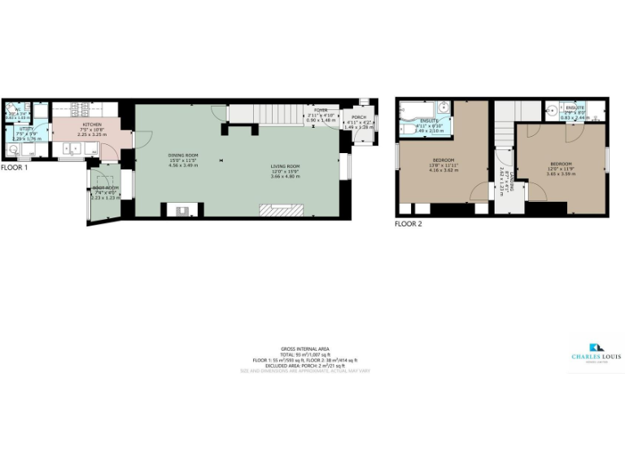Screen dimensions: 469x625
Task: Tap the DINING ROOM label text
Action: coord(183,156)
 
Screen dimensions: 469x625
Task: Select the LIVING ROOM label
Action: coord(286,167)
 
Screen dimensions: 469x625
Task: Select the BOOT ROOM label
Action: coord(105,188)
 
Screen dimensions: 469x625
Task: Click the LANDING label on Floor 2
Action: coord(504,181)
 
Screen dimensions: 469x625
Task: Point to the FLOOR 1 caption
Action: coord(14,168)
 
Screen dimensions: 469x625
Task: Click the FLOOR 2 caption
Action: coord(409,223)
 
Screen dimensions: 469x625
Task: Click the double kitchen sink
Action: coord(75,147)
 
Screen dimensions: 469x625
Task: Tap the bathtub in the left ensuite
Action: coord(415,108)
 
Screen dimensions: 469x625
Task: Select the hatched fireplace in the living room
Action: coord(281,210)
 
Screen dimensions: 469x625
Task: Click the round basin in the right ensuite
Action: coord(552,107)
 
